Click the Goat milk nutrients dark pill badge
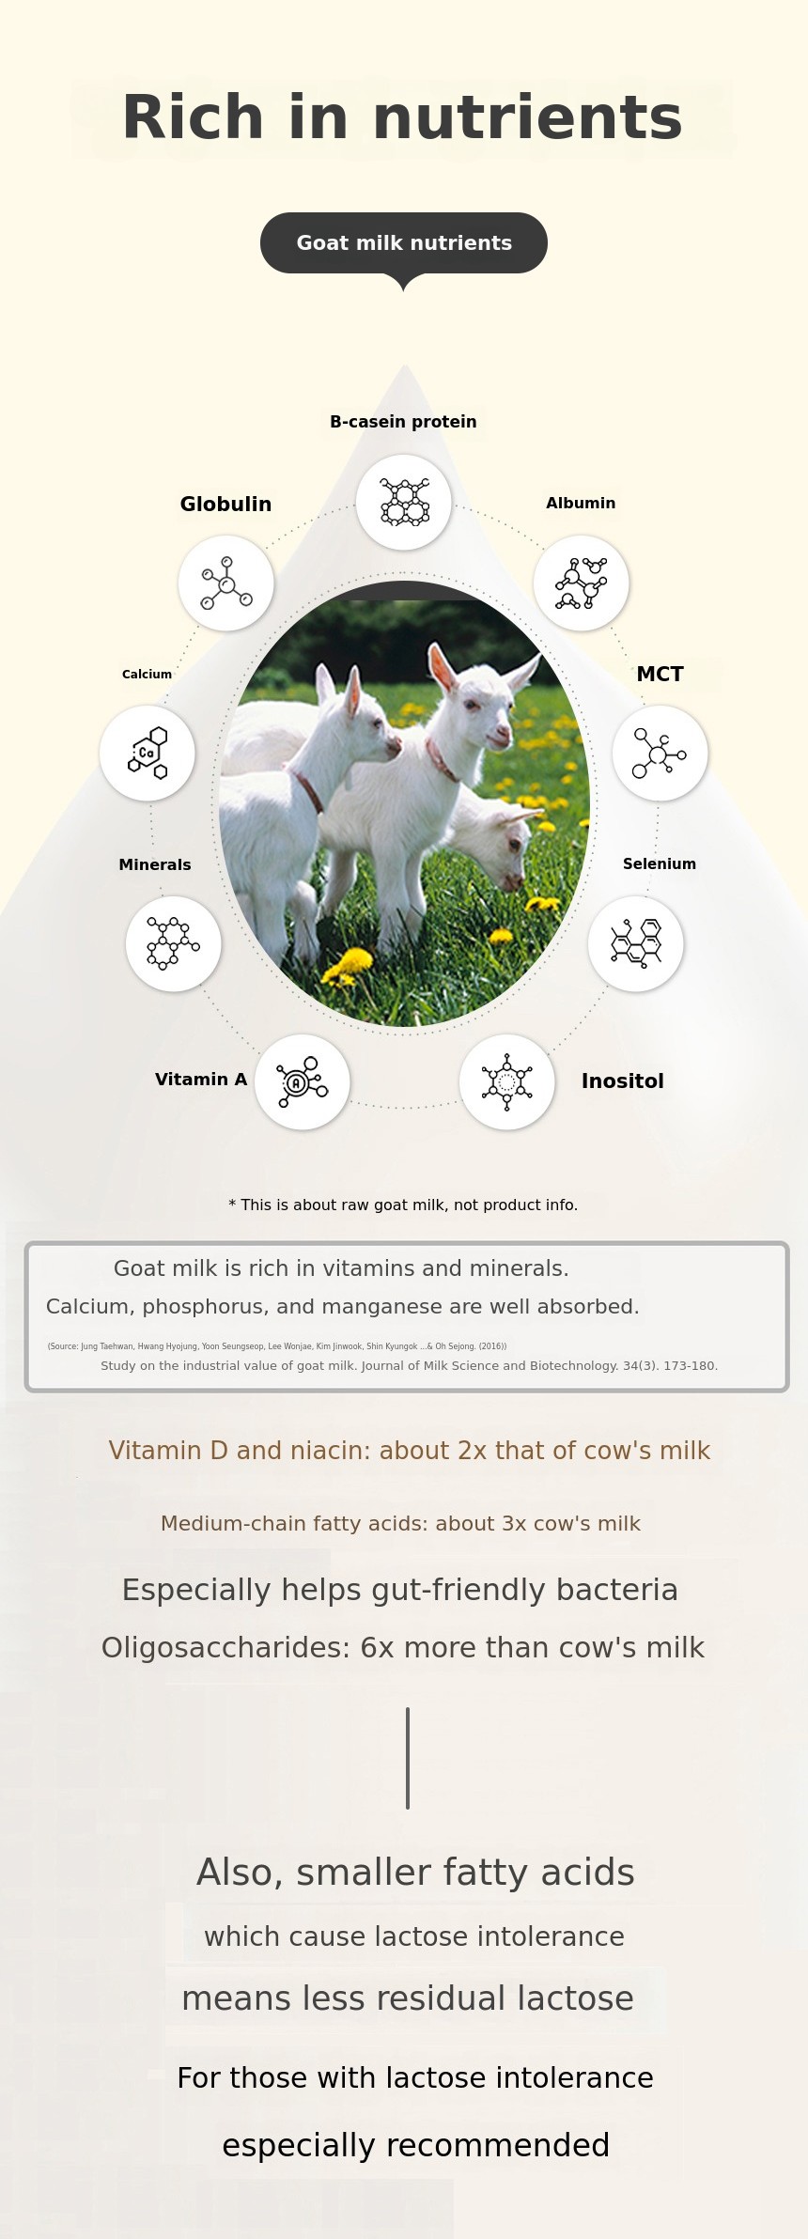point(404,243)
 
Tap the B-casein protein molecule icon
point(404,503)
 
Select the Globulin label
point(225,505)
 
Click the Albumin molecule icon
point(582,583)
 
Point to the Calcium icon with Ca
point(148,754)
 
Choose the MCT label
point(660,674)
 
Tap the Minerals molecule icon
point(174,943)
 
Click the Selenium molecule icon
point(636,943)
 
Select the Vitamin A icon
point(303,1082)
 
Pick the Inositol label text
point(622,1081)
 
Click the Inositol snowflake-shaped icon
point(507,1082)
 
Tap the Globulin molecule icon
point(226,583)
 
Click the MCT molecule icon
point(660,754)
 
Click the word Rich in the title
point(193,118)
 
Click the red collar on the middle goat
point(441,759)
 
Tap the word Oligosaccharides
point(223,1648)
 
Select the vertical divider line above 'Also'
point(408,1758)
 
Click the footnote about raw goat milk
point(403,1205)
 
